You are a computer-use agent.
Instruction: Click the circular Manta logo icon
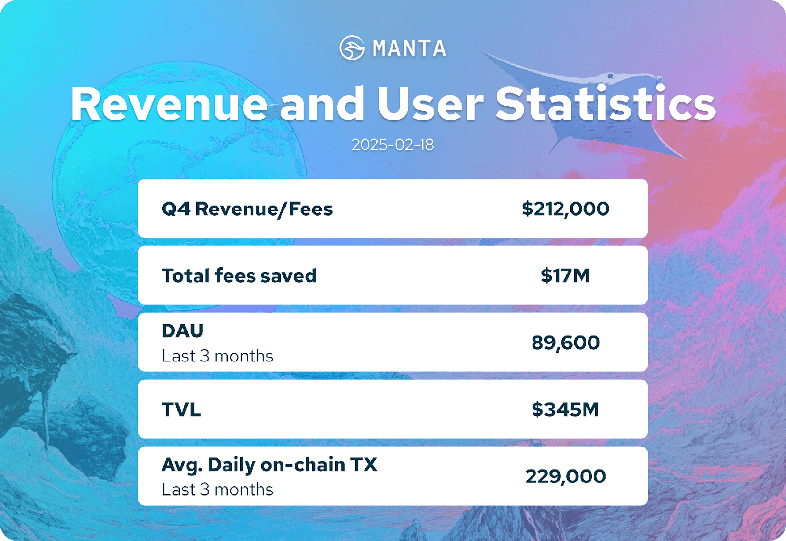pyautogui.click(x=352, y=48)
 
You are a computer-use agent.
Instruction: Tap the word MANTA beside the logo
pyautogui.click(x=410, y=48)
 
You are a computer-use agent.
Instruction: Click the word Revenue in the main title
pyautogui.click(x=169, y=104)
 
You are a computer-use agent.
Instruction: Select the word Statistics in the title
pyautogui.click(x=606, y=103)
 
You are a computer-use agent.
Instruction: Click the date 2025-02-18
pyautogui.click(x=393, y=145)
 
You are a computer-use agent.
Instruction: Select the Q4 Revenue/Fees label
pyautogui.click(x=247, y=209)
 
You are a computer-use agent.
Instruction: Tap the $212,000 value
pyautogui.click(x=565, y=209)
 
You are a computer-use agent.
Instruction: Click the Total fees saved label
pyautogui.click(x=239, y=275)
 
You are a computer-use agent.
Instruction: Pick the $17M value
pyautogui.click(x=565, y=275)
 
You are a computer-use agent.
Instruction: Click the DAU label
pyautogui.click(x=182, y=331)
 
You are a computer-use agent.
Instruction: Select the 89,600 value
pyautogui.click(x=565, y=343)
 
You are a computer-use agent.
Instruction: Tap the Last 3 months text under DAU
pyautogui.click(x=217, y=356)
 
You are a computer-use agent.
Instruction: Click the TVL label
pyautogui.click(x=181, y=409)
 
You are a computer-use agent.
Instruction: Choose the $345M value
pyautogui.click(x=565, y=409)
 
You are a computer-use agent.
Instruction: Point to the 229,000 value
pyautogui.click(x=565, y=477)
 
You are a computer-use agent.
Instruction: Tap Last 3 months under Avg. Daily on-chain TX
pyautogui.click(x=217, y=490)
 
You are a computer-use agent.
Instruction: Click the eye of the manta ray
pyautogui.click(x=610, y=76)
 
